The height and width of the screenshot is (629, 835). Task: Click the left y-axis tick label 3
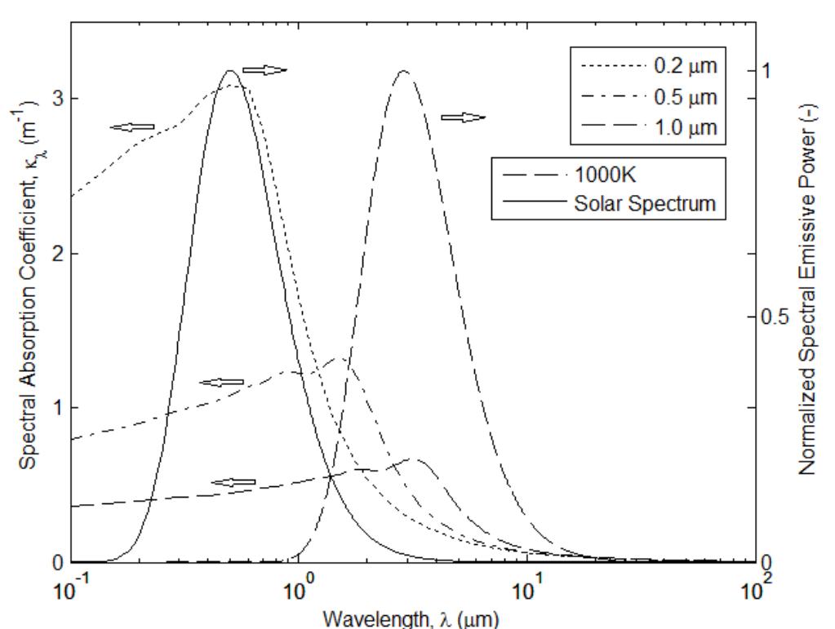(56, 99)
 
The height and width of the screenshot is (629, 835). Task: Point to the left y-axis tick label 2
(56, 254)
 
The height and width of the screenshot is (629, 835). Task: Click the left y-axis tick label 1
(56, 408)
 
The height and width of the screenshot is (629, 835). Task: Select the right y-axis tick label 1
(766, 71)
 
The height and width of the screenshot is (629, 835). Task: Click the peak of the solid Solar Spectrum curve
(232, 71)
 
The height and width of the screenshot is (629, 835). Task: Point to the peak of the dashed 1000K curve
(403, 71)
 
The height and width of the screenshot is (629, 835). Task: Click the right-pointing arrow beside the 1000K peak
(463, 117)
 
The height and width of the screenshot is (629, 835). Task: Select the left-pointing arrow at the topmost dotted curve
(132, 126)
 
